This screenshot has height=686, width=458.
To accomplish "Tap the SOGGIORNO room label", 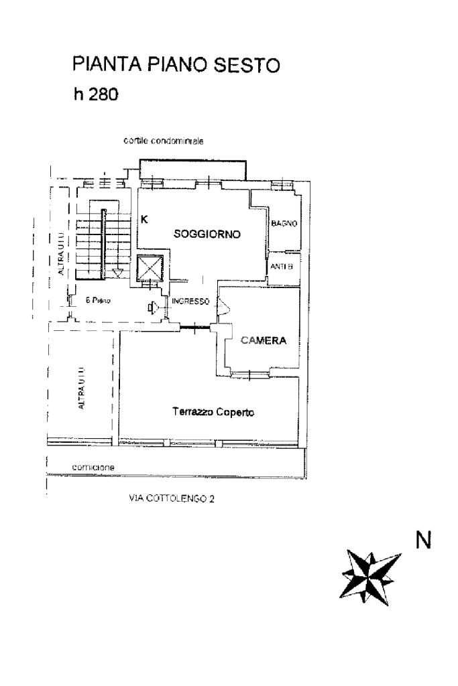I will [207, 234].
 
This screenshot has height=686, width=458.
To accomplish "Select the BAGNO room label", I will [284, 224].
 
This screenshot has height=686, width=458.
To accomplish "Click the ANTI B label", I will [282, 267].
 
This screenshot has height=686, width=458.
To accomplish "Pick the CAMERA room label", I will [264, 340].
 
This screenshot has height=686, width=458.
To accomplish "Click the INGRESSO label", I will [191, 301].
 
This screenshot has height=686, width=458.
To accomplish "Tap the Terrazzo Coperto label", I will [212, 413].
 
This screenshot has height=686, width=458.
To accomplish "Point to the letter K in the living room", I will [144, 218].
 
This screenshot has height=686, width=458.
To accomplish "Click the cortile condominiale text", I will [163, 141].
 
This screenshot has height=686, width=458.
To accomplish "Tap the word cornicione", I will [94, 467].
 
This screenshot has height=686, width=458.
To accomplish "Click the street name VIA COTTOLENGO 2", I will [171, 498].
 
